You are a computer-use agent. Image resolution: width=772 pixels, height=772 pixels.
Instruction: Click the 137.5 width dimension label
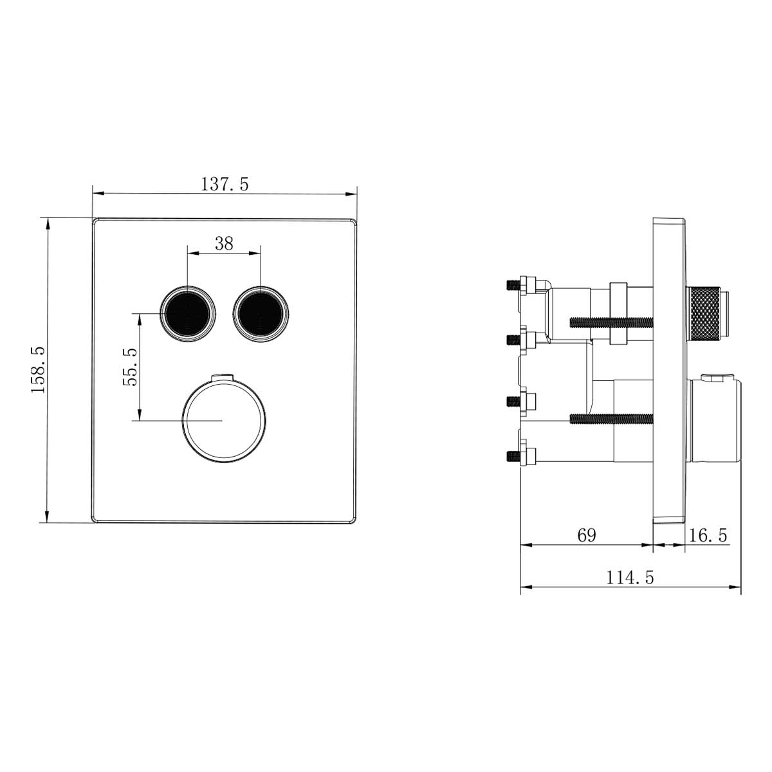pyautogui.click(x=225, y=184)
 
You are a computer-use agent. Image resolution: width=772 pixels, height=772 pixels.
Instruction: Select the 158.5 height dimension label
pyautogui.click(x=37, y=369)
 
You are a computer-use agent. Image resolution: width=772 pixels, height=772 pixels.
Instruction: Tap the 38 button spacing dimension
pyautogui.click(x=224, y=243)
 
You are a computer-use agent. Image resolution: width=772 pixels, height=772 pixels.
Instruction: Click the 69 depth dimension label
pyautogui.click(x=586, y=535)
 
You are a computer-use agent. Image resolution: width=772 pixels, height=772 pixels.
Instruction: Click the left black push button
pyautogui.click(x=188, y=313)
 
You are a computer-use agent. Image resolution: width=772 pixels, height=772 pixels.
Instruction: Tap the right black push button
pyautogui.click(x=260, y=313)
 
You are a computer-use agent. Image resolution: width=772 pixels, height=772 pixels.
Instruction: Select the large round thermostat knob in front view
pyautogui.click(x=223, y=420)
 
